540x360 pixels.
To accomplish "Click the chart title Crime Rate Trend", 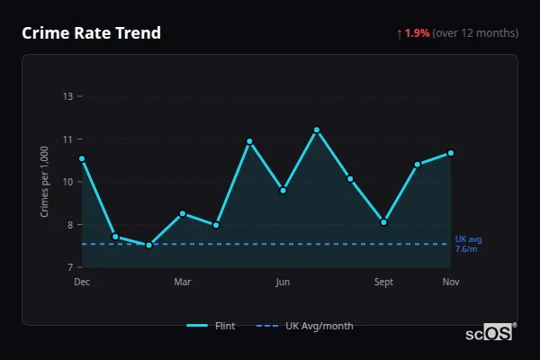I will coord(91,33).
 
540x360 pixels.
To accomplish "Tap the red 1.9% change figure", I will coord(417,33).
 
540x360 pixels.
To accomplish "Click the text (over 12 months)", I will coord(475,33).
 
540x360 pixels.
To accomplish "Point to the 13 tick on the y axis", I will coord(68,96).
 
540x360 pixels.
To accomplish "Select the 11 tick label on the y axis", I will coord(68,139).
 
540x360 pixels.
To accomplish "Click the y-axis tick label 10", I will coord(68,182).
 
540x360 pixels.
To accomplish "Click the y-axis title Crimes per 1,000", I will coord(44,182).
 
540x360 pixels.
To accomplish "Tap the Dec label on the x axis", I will coord(82,283).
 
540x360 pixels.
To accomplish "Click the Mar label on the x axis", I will coord(183,283).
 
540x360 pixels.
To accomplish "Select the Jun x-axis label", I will coord(283,283).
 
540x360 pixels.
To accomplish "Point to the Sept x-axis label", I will coord(383,283).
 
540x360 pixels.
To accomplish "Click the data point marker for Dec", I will coord(82,158).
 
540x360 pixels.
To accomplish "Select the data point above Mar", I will coord(183,213).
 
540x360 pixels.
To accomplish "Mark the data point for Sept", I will coord(383,221).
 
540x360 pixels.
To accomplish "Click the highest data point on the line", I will coord(317,130).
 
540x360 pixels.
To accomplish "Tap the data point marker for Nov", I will coord(450,153).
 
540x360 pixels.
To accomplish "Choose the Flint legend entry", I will coord(211,326).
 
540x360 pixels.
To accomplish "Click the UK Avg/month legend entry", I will coord(305,326).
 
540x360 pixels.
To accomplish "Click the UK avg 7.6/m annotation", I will coord(468,244).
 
